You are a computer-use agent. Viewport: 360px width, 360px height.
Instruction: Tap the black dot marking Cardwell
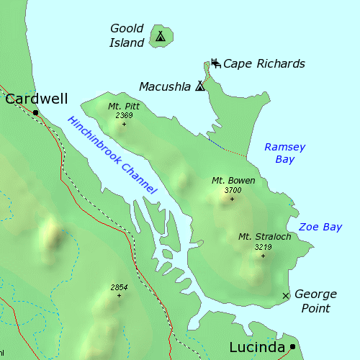tap(35, 112)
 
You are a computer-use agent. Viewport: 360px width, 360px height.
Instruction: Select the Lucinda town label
tap(257, 347)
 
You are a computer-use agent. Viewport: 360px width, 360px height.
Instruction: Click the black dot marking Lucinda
tap(292, 347)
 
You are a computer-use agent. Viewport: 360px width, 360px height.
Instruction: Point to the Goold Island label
tap(127, 35)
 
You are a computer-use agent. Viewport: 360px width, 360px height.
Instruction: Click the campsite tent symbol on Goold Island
tap(160, 35)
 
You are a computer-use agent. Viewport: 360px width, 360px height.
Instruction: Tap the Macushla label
tap(166, 86)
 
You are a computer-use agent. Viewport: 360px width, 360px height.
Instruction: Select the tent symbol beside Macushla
tap(200, 86)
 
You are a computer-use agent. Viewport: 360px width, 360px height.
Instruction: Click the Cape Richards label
tap(264, 64)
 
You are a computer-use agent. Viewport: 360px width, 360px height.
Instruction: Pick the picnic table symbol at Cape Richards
tap(215, 63)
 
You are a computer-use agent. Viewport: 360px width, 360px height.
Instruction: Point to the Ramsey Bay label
tap(284, 153)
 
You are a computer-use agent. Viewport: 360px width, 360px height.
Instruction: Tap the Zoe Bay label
tap(320, 227)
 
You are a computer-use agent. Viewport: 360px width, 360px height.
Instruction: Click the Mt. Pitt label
tap(124, 106)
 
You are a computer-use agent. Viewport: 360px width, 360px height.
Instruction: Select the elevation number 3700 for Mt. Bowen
tap(233, 190)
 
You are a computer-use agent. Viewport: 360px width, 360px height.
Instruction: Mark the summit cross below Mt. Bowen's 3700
tap(232, 199)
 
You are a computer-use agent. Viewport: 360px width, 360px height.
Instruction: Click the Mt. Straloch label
tap(264, 236)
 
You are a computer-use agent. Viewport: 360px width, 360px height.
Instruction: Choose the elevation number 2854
tap(120, 287)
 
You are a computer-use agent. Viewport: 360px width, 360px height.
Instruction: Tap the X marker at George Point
tap(286, 295)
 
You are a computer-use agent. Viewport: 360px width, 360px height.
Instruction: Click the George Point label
tap(316, 301)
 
